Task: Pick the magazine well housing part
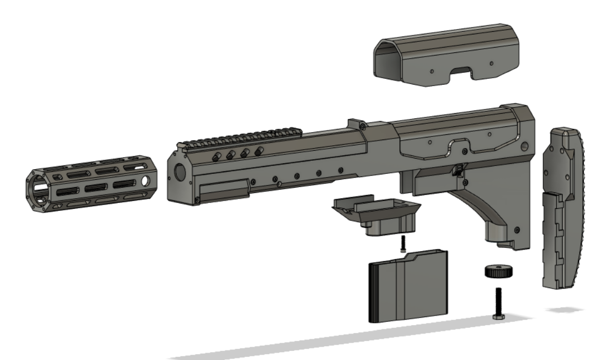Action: coord(378,214)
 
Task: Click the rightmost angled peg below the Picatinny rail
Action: coord(259,152)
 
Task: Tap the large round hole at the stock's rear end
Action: coord(524,146)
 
